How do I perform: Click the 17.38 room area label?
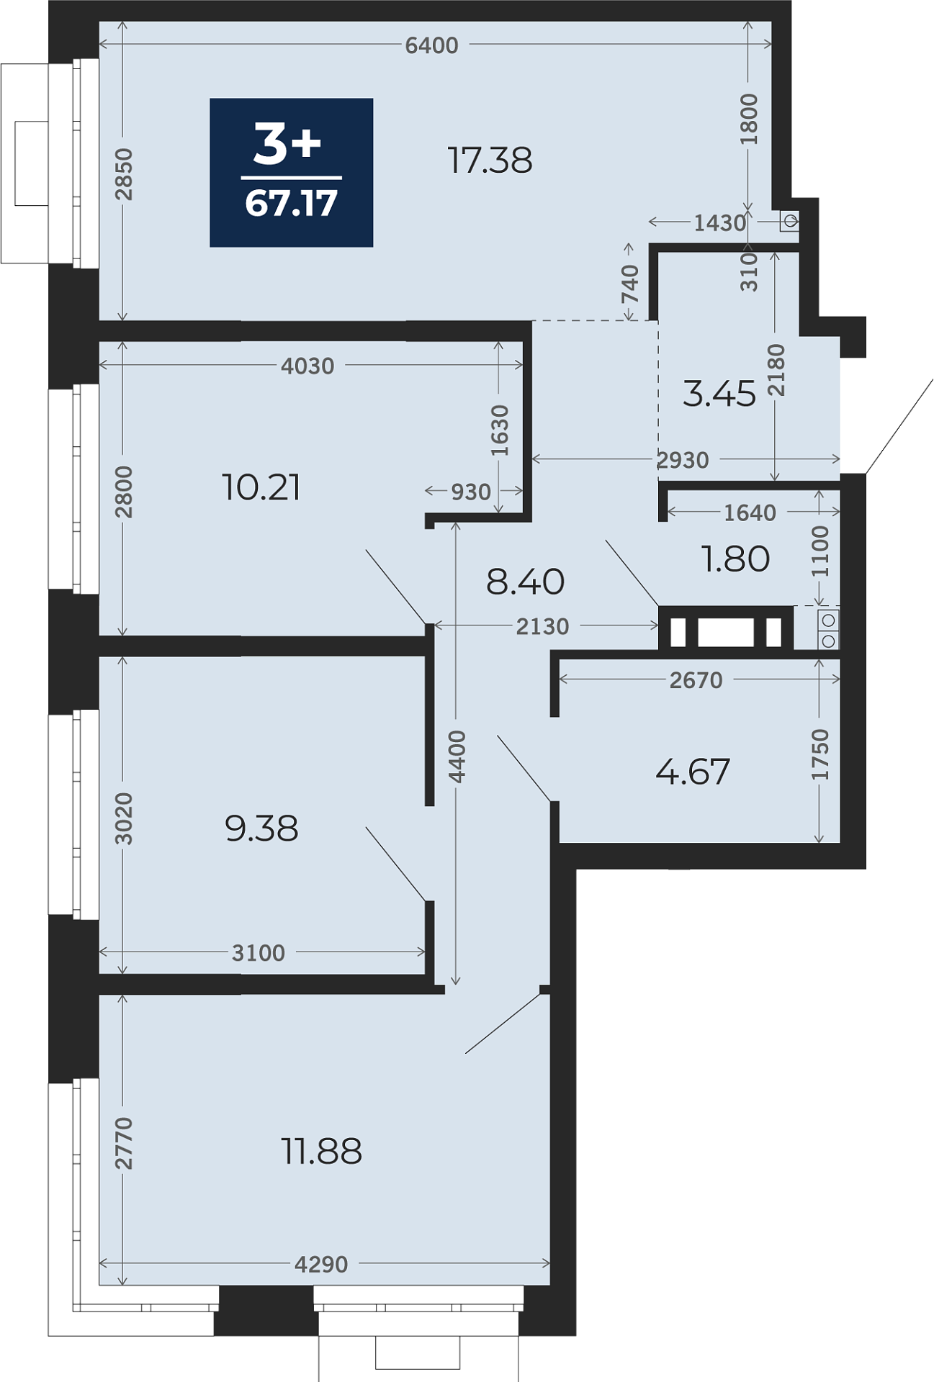[x=490, y=160]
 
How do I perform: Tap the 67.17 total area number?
[x=292, y=203]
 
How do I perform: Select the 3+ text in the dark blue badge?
[x=287, y=143]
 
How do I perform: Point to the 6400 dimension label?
[x=431, y=45]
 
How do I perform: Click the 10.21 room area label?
[x=261, y=487]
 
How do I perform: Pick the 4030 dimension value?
[x=307, y=366]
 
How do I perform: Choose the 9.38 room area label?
[x=261, y=828]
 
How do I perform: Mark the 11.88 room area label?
[x=321, y=1151]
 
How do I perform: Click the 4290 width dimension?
[x=321, y=1264]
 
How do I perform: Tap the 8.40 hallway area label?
[x=525, y=582]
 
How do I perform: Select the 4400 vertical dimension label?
[x=457, y=757]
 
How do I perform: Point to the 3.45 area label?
[x=719, y=394]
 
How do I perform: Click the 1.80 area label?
[x=735, y=559]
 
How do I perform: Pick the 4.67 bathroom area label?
[x=693, y=772]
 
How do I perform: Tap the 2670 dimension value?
[x=696, y=680]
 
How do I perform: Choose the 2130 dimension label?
[x=542, y=627]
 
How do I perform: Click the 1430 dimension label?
[x=720, y=223]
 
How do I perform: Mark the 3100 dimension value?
[x=259, y=953]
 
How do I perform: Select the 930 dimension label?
[x=471, y=492]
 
